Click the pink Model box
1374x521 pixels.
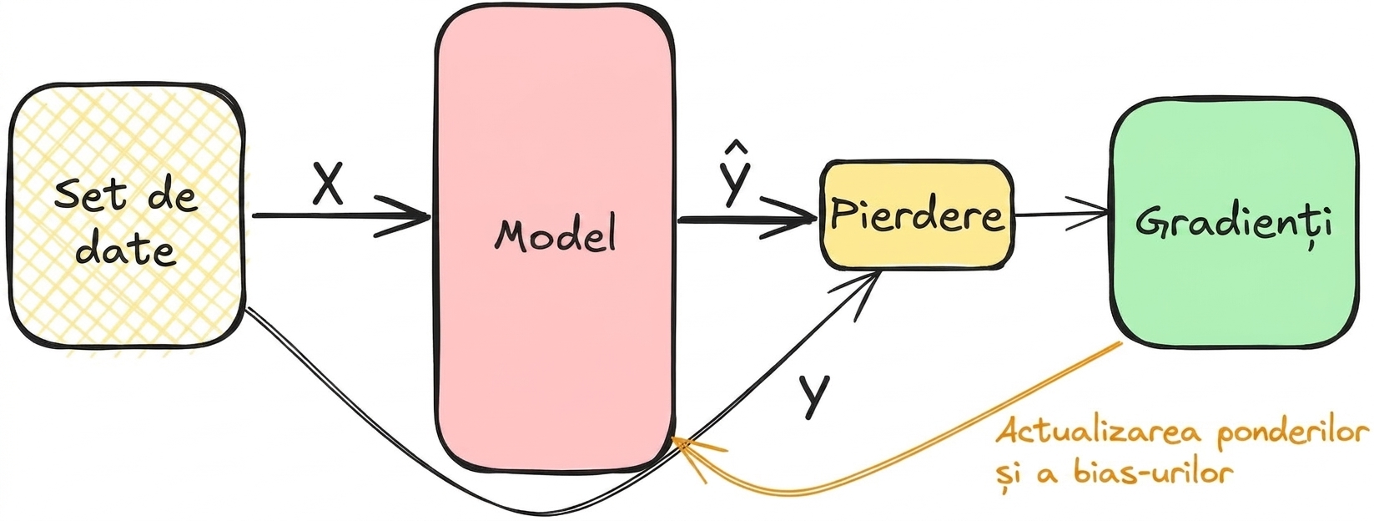click(555, 240)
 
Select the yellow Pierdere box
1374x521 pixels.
click(917, 215)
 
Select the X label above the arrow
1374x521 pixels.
click(328, 183)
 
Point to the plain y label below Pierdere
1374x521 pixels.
click(814, 396)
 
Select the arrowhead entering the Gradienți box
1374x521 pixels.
click(1090, 215)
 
